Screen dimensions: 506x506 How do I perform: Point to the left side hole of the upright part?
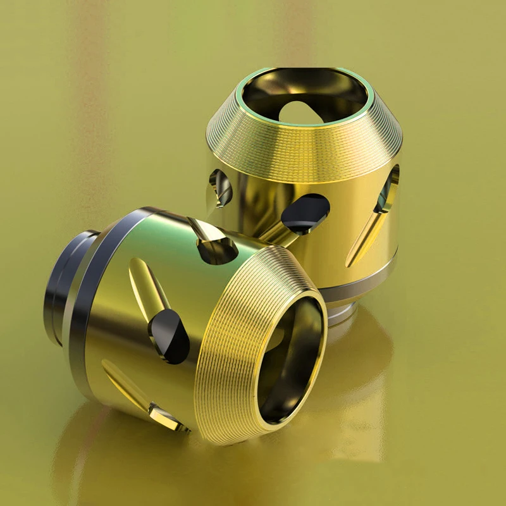[219, 186]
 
